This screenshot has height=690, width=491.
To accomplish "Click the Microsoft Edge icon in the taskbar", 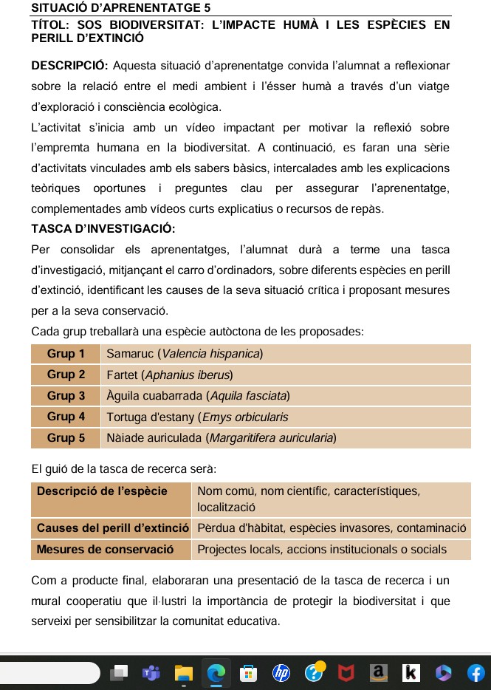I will tap(216, 673).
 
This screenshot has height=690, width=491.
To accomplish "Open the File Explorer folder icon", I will tap(183, 673).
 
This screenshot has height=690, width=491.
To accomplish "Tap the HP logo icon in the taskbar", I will tap(281, 673).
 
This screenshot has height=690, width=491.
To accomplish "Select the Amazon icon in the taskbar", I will tap(379, 673).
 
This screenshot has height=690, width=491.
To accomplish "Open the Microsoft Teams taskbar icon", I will tap(151, 673).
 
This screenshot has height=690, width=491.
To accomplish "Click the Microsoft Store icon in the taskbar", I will tap(249, 673).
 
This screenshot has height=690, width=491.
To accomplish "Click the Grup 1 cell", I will tap(66, 354).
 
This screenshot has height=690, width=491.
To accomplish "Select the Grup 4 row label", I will tap(66, 417).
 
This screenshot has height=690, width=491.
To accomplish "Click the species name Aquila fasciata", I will tap(247, 396).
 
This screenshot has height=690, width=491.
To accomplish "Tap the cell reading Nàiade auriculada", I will tap(154, 438).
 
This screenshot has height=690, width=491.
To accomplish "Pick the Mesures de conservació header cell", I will tap(105, 550).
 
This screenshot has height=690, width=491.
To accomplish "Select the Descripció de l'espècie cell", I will tap(102, 491).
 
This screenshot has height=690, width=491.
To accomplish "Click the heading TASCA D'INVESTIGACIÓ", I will tap(103, 228).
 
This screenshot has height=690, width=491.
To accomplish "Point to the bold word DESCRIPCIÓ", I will tap(70, 66).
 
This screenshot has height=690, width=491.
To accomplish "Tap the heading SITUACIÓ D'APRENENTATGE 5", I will tap(121, 8).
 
